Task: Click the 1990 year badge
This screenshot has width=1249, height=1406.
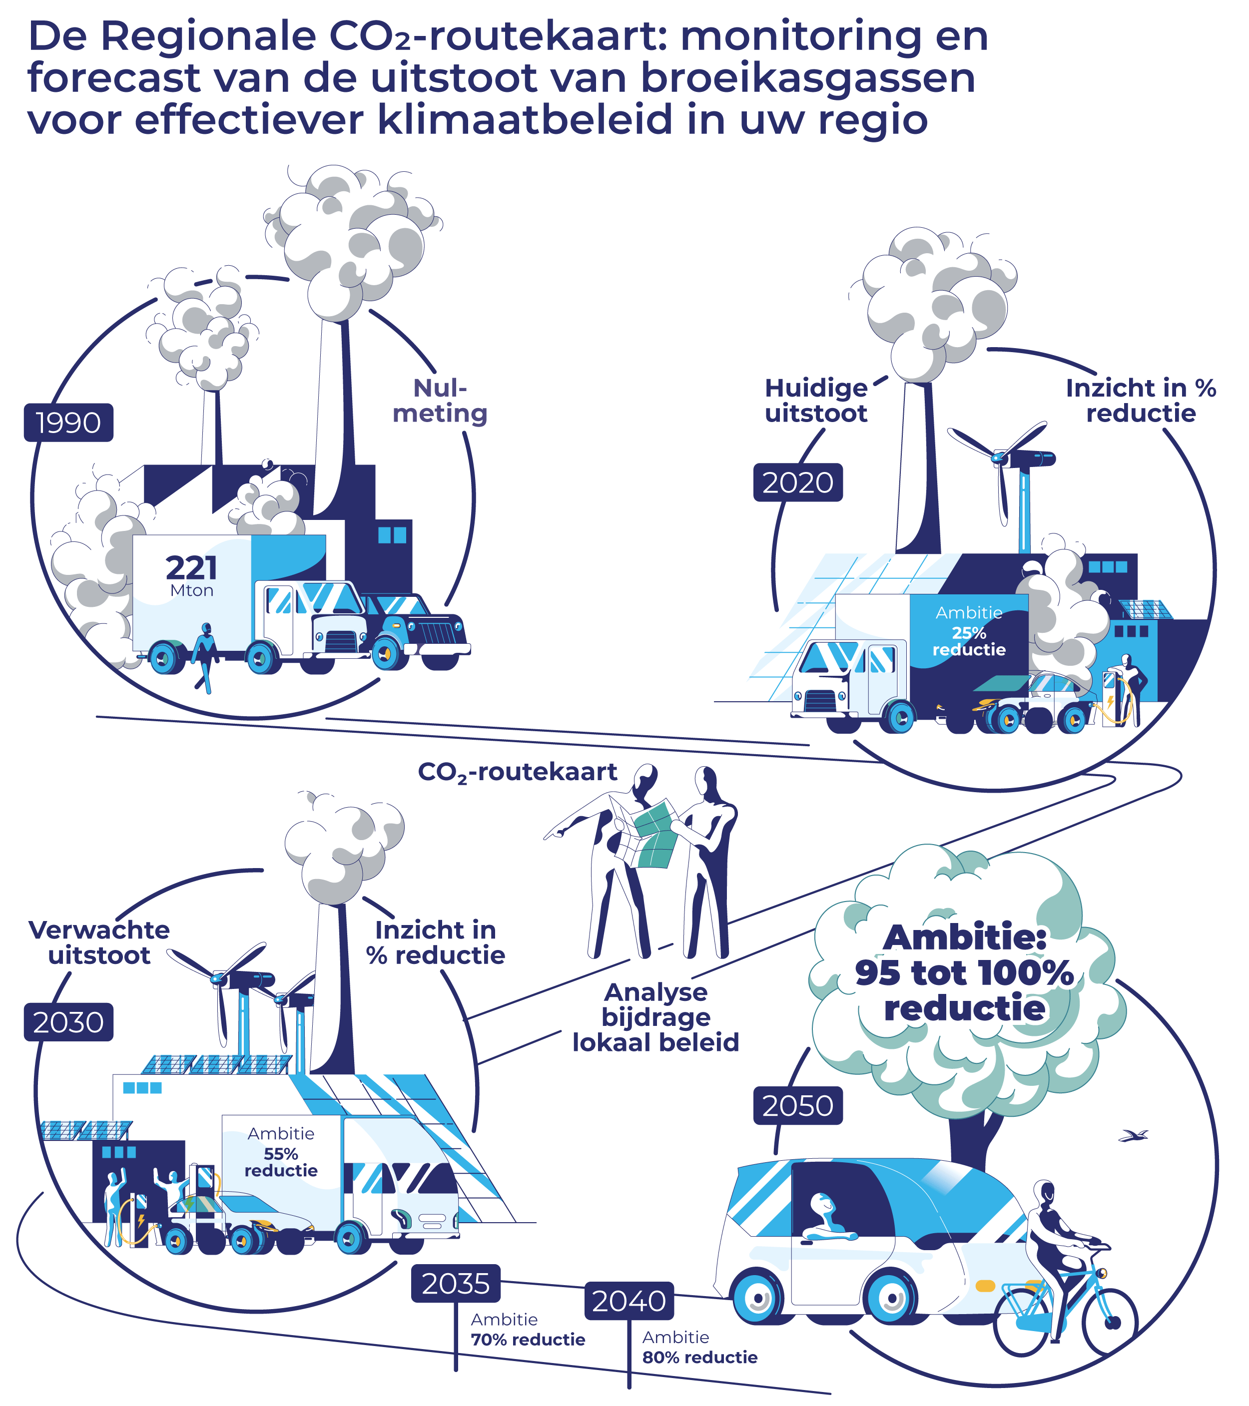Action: (68, 423)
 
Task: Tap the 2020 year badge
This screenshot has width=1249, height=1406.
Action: (797, 482)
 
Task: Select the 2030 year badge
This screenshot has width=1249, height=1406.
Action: (68, 1022)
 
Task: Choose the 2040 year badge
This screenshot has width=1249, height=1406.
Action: (629, 1301)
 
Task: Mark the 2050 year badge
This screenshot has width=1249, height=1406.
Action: (797, 1105)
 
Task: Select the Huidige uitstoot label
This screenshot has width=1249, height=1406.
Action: (816, 401)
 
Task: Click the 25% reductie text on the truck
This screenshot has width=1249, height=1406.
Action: (969, 641)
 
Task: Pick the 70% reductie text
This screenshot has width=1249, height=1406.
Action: (528, 1339)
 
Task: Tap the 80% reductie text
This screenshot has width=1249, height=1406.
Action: (700, 1357)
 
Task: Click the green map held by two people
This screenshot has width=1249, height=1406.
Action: (654, 836)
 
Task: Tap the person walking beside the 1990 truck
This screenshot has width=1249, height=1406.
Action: (204, 657)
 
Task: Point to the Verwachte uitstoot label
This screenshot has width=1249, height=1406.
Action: (99, 942)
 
